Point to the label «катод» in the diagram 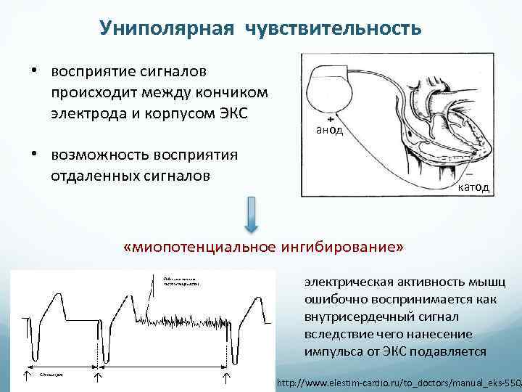coord(473,187)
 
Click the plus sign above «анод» coord(330,117)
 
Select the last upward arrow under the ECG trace coord(226,377)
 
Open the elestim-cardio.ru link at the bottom coord(398,381)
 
